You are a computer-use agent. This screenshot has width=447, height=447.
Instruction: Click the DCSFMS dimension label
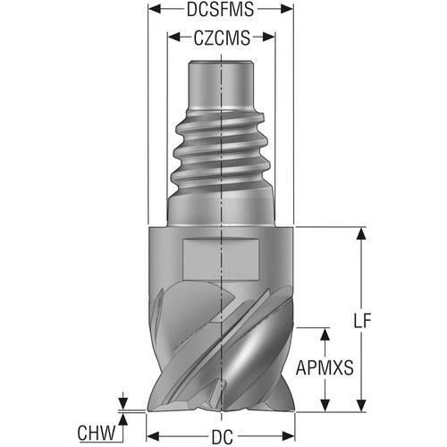(221, 9)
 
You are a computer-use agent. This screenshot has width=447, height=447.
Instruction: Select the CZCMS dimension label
(222, 38)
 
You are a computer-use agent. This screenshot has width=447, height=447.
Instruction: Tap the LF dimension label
(362, 321)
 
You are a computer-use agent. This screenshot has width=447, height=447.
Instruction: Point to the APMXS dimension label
(325, 367)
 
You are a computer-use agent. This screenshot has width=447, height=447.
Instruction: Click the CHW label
(97, 433)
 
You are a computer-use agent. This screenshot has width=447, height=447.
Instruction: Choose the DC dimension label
(223, 437)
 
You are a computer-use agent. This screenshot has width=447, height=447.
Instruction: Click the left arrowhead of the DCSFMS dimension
(155, 9)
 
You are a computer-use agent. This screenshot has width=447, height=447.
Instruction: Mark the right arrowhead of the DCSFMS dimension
(287, 9)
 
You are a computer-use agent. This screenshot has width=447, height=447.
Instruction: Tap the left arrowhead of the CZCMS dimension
(174, 38)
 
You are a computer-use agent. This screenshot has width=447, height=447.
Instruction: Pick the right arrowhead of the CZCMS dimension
(268, 38)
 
